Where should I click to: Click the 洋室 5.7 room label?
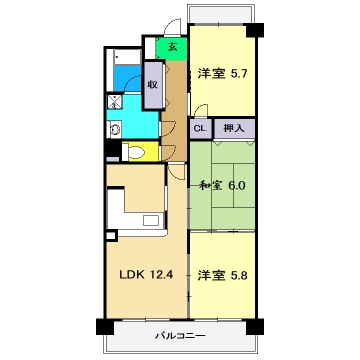click(221, 73)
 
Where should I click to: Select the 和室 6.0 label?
click(221, 185)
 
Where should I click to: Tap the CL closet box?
click(199, 128)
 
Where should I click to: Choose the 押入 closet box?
click(233, 128)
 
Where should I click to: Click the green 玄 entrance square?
click(172, 48)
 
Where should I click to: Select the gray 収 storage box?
click(152, 84)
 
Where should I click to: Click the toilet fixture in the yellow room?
click(134, 153)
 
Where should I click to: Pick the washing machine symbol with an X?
click(115, 100)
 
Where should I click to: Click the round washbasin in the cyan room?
click(115, 127)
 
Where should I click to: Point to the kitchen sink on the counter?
click(152, 220)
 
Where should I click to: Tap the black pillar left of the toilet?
click(111, 151)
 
